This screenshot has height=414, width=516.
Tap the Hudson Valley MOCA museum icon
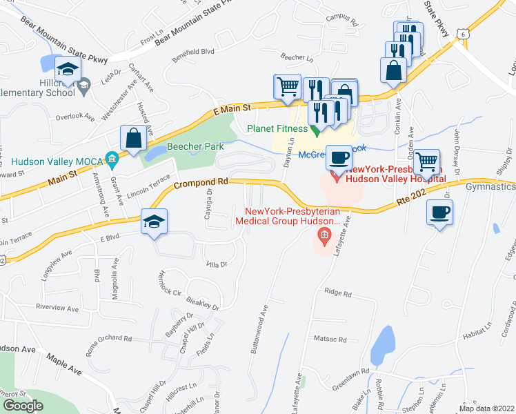point(112,161)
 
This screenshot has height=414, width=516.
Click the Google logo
point(23,405)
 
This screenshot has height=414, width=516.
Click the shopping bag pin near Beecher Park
point(134,138)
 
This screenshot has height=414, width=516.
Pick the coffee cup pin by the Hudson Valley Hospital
point(339,157)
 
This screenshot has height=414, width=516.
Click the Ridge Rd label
point(338,293)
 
